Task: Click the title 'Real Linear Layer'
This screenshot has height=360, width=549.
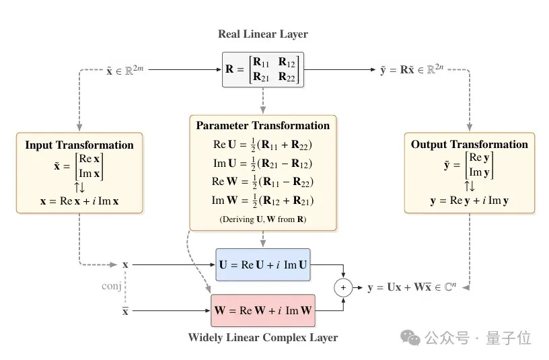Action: (x=263, y=34)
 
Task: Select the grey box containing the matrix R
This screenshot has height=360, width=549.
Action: (x=263, y=70)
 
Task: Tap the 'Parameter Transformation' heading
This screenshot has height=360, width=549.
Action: (x=263, y=125)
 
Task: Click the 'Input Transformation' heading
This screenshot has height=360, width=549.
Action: (x=79, y=145)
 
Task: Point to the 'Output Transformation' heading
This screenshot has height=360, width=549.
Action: (x=470, y=144)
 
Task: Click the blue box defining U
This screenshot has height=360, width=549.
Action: (x=263, y=264)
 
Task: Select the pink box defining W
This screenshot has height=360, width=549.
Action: (x=263, y=311)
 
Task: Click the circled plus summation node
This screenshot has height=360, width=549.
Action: (x=343, y=287)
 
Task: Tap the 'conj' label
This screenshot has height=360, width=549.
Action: (x=111, y=286)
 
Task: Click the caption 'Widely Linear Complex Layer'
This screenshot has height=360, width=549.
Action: (x=263, y=337)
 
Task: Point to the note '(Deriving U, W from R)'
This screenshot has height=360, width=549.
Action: (x=263, y=219)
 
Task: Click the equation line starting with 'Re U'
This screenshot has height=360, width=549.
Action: (x=262, y=145)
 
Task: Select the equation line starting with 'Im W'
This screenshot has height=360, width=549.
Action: (x=262, y=201)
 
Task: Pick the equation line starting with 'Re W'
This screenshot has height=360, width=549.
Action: (x=262, y=182)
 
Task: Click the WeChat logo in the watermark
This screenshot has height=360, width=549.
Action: (x=410, y=338)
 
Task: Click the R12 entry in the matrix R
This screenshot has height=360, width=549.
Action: (x=287, y=63)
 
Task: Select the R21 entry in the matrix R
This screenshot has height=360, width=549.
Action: (x=261, y=76)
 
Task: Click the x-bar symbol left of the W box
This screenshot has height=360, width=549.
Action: (x=125, y=311)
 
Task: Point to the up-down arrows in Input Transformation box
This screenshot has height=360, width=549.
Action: (x=79, y=187)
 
